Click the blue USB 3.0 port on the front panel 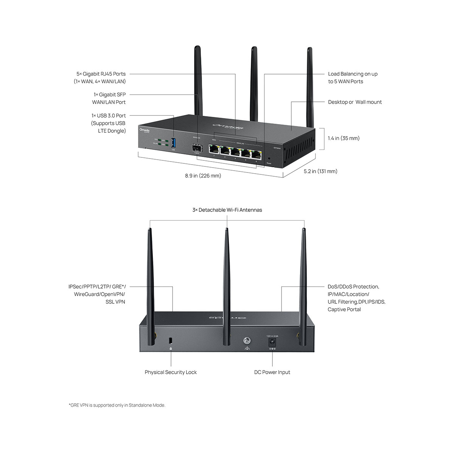(x=174, y=143)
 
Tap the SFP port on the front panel (x=197, y=148)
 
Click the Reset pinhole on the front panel (x=269, y=159)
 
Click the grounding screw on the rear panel (x=247, y=340)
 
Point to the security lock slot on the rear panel (x=170, y=340)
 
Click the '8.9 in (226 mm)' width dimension (x=203, y=176)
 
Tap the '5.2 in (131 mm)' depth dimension (x=320, y=171)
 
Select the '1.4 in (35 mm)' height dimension (x=344, y=138)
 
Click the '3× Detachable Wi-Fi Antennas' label (x=227, y=210)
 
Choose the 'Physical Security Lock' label (x=171, y=372)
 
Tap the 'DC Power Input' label (x=272, y=372)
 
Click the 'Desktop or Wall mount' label (x=355, y=102)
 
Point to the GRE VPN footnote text (x=117, y=405)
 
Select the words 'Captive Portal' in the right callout (x=344, y=309)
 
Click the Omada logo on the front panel (x=145, y=131)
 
